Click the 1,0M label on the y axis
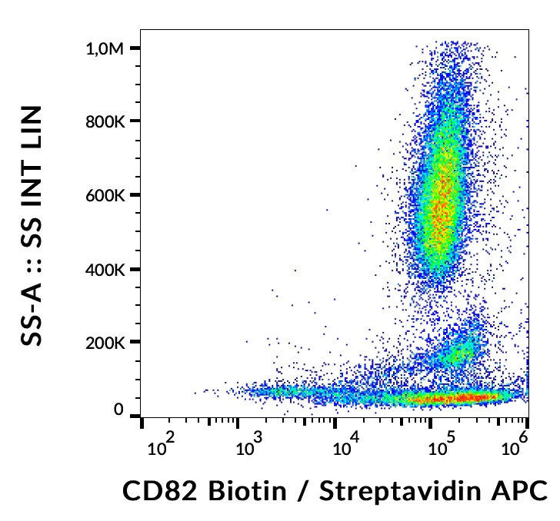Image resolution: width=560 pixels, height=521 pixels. [x=104, y=48]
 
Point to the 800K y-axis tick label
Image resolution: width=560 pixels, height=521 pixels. [x=104, y=121]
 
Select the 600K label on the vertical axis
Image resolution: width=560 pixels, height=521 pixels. [x=104, y=195]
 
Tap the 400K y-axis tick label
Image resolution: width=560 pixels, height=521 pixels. [x=104, y=269]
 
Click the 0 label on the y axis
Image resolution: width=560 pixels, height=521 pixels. [x=118, y=411]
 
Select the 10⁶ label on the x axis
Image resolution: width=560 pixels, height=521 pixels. [x=521, y=443]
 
